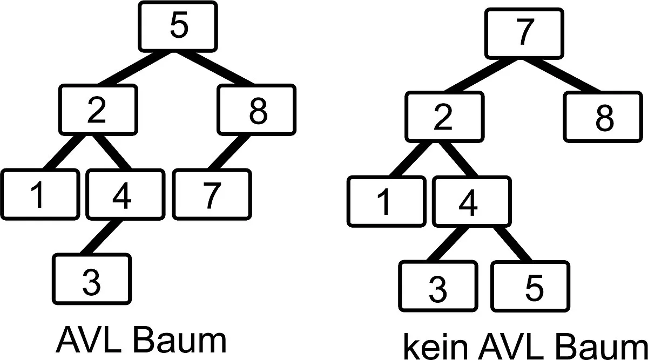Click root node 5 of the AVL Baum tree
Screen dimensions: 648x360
[x=178, y=26]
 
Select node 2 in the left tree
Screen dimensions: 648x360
[x=98, y=110]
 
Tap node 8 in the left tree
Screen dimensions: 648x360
[x=256, y=110]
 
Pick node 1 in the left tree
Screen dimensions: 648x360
[x=40, y=194]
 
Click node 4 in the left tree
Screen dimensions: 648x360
[x=125, y=194]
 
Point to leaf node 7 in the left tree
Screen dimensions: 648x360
[x=212, y=194]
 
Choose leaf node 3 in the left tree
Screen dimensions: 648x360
[x=92, y=279]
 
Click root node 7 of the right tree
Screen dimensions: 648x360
[x=524, y=33]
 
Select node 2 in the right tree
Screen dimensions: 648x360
[x=444, y=117]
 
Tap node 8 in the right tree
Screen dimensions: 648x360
[x=603, y=117]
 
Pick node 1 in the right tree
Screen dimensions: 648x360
[x=387, y=201]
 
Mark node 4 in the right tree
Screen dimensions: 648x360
[x=472, y=201]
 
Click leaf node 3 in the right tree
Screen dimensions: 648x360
[x=438, y=286]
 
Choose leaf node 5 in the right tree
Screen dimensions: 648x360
[x=530, y=286]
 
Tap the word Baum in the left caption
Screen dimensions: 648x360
[x=179, y=341]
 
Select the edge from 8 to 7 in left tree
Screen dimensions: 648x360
[x=229, y=152]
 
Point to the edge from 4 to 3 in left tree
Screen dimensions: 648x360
[x=101, y=237]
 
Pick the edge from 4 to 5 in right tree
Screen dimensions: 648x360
[x=512, y=244]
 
